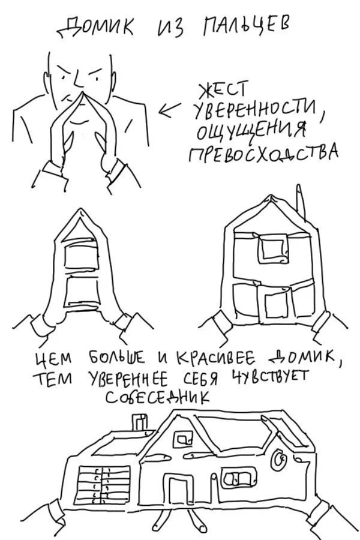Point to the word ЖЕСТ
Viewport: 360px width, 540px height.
click(x=222, y=91)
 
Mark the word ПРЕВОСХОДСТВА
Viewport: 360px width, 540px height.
click(x=264, y=154)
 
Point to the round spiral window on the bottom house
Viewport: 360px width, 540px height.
click(x=280, y=460)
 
